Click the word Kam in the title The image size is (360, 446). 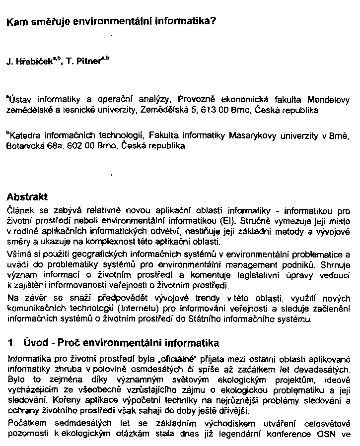[15, 22]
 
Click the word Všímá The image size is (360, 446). [18, 254]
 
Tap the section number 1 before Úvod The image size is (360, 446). [10, 343]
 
